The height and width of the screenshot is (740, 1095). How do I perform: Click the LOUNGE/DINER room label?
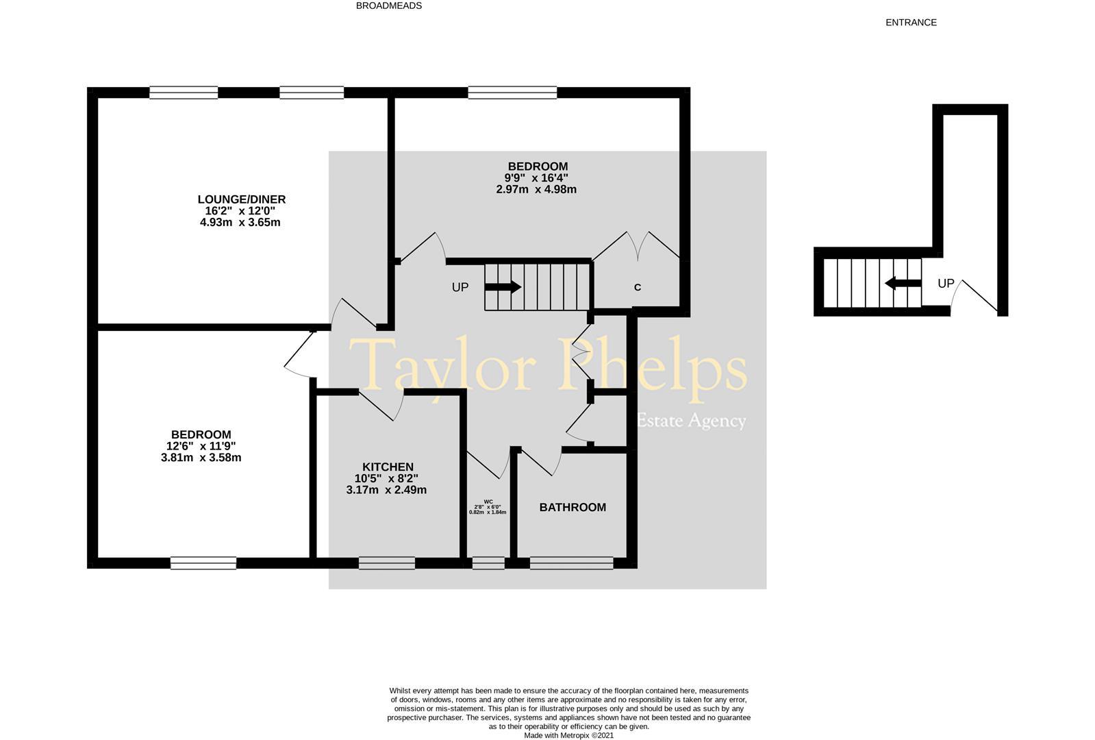tap(242, 199)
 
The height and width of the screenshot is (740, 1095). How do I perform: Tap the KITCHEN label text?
tap(388, 467)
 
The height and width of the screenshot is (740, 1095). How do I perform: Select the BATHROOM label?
tap(572, 508)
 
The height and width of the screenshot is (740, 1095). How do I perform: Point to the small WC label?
tap(488, 502)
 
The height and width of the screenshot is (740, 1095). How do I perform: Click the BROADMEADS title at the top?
tap(389, 6)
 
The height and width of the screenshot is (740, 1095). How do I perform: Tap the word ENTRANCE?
tap(911, 23)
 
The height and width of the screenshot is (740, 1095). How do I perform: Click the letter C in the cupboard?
tap(638, 288)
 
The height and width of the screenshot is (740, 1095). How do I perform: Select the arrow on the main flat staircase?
tap(503, 286)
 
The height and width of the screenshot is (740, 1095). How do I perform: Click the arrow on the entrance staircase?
tap(903, 283)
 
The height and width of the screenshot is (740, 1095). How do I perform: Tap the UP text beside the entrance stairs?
tap(946, 283)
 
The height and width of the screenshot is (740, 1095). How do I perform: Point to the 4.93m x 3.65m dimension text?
tap(240, 223)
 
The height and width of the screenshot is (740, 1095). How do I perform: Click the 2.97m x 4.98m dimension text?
tap(536, 189)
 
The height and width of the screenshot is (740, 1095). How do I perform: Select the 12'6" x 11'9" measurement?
tap(201, 446)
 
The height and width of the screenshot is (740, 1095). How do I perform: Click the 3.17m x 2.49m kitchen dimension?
tap(386, 490)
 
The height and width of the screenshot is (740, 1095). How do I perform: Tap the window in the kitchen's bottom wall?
tap(387, 563)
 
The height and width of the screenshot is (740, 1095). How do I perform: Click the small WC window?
tap(488, 563)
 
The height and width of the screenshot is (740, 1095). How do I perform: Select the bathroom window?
tap(571, 563)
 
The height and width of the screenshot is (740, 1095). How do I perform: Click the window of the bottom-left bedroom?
tap(203, 563)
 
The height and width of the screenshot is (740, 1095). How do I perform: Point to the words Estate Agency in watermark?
tap(692, 421)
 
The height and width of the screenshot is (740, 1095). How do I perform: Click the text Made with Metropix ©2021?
tap(568, 735)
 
